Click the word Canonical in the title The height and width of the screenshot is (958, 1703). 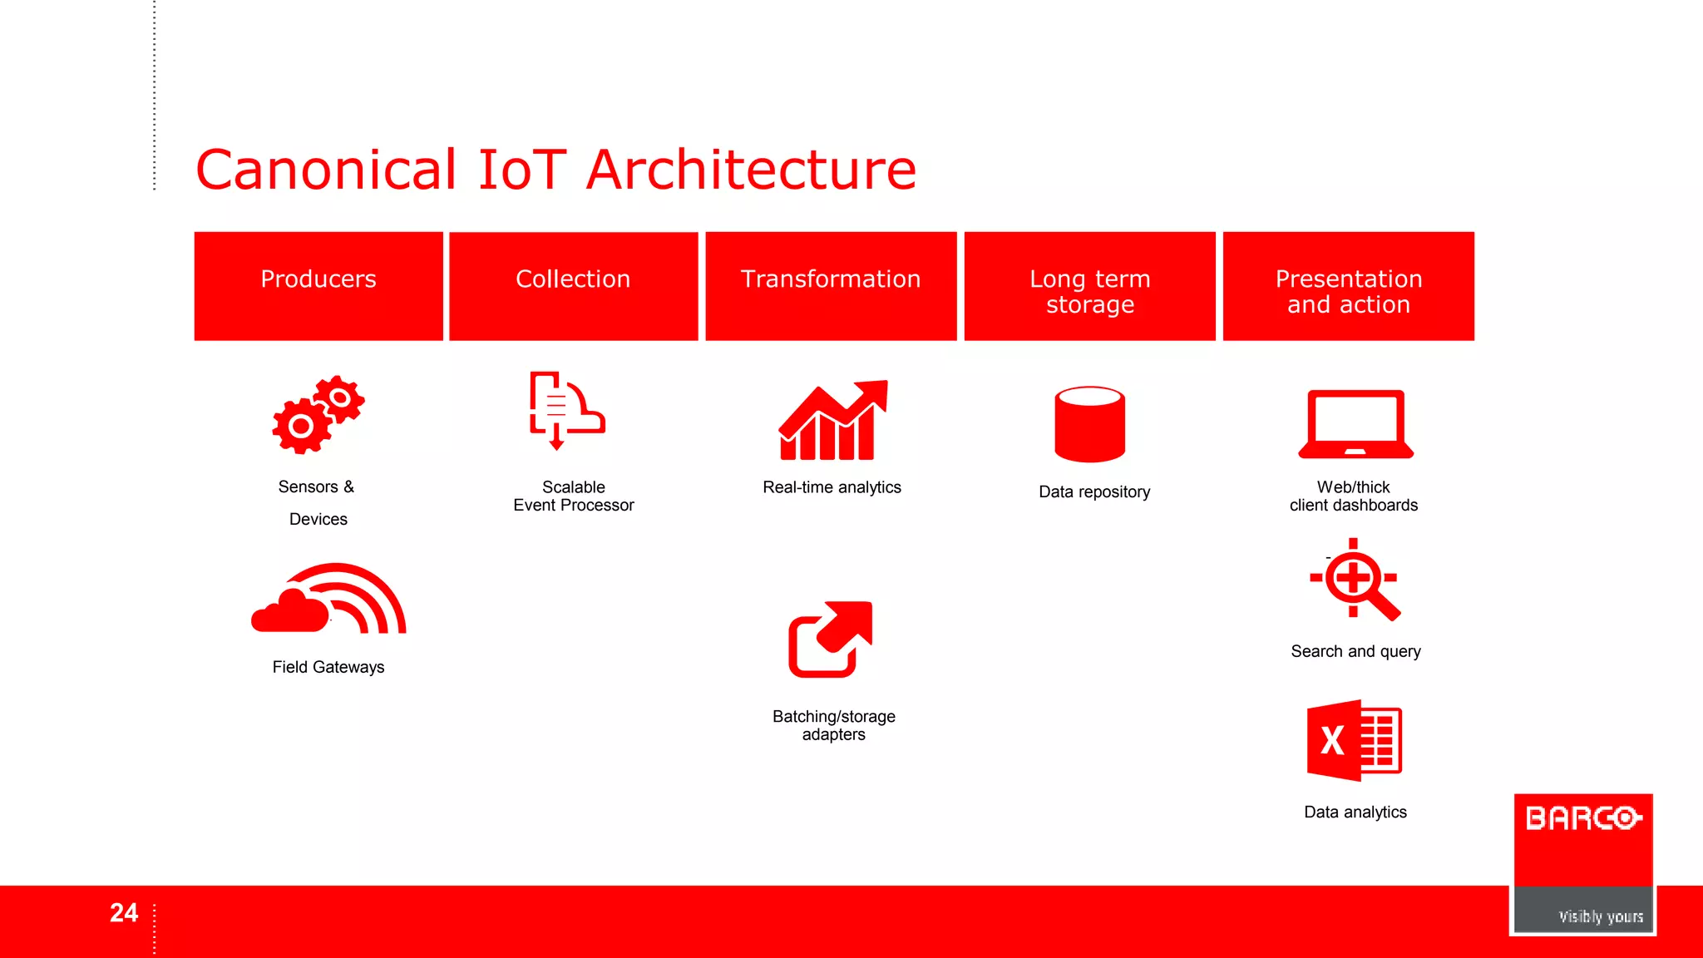[325, 170]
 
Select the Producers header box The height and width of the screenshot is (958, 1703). [318, 285]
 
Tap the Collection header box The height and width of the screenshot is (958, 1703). [573, 285]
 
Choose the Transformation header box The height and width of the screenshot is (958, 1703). [831, 285]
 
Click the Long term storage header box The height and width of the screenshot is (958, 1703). [1089, 285]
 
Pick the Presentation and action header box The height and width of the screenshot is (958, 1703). [1348, 285]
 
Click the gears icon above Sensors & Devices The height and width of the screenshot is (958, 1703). [317, 414]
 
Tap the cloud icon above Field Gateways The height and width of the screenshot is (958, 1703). [327, 600]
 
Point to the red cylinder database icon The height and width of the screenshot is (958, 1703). [1089, 424]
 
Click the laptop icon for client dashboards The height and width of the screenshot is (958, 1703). [1355, 424]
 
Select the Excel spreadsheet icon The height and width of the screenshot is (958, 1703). [1354, 740]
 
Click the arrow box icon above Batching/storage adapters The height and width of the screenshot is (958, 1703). [831, 639]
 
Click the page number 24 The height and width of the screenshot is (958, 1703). [124, 913]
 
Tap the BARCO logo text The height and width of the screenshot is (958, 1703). [1582, 818]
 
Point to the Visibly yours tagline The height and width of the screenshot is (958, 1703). [1600, 916]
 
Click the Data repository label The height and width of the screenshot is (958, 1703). [1094, 491]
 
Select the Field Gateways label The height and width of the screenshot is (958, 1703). [328, 667]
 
